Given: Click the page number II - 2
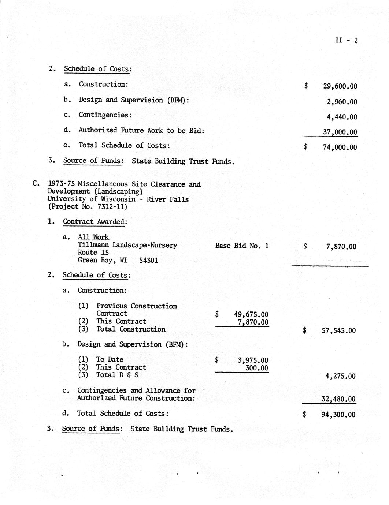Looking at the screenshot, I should (346, 40).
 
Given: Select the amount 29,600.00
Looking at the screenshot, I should (340, 86).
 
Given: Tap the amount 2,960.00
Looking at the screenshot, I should (342, 102).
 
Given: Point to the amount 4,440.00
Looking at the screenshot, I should (342, 117).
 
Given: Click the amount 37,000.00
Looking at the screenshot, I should (340, 132).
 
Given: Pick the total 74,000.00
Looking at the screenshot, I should (340, 147).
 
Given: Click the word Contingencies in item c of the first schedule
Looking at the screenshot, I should (104, 115).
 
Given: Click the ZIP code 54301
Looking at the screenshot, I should (149, 261).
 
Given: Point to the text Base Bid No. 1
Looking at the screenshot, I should (242, 246).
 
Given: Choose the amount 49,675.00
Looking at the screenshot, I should (251, 314).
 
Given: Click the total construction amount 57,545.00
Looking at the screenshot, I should (338, 331).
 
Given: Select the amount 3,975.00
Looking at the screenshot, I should (253, 360).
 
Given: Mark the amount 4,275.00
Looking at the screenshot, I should (340, 376).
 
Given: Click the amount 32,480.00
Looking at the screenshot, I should (338, 399).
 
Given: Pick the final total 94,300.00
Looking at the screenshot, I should (338, 415).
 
